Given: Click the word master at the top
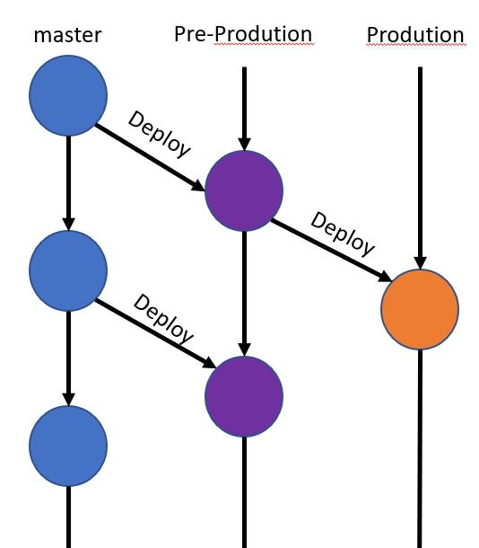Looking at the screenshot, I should pos(68,36).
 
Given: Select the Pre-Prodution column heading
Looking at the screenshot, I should pos(243,34).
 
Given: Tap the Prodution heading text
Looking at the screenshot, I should pos(415,35).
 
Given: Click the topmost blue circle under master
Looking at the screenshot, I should pos(68,93).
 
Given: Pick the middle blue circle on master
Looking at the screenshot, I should pos(68,269).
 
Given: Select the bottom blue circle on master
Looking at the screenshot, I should pos(68,444).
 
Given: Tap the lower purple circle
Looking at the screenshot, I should pos(244,395).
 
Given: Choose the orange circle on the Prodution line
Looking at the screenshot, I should pos(420,308).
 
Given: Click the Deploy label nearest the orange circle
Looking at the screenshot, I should pos(343,234).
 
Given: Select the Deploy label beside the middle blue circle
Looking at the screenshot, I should pos(163,318).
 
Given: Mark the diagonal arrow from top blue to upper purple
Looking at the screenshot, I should pos(148,156).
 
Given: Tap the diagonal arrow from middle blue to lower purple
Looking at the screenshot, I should pos(152,332).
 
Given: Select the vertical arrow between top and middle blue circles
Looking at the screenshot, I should pos(68,180).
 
